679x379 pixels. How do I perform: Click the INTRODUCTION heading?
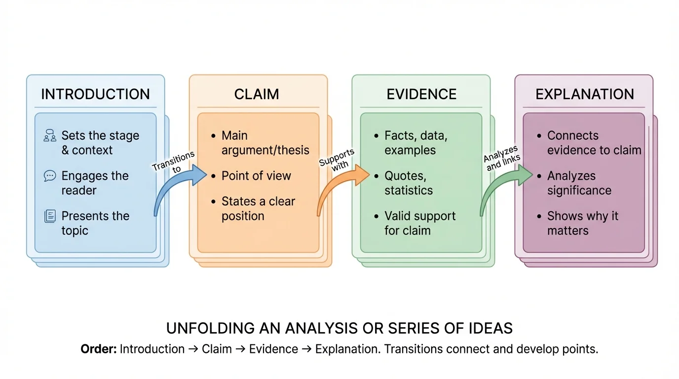(x=95, y=94)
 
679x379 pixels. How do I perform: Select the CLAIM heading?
(x=257, y=94)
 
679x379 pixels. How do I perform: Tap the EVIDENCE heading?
(x=421, y=94)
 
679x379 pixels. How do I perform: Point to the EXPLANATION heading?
(x=585, y=94)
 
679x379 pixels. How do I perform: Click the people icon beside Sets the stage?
(x=50, y=136)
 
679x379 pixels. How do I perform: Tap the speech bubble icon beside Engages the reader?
(x=50, y=176)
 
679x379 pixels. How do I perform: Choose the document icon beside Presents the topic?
(x=50, y=216)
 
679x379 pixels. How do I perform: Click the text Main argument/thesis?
(x=265, y=143)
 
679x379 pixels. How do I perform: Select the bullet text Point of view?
(x=256, y=176)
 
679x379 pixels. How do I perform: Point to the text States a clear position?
(x=258, y=209)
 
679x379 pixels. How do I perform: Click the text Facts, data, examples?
(x=415, y=143)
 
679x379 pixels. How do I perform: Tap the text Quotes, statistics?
(x=409, y=183)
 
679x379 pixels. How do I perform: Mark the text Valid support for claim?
(x=420, y=223)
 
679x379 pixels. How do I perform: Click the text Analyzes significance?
(x=579, y=183)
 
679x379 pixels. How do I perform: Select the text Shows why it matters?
(x=582, y=223)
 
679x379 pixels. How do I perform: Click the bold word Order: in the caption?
(x=99, y=349)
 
